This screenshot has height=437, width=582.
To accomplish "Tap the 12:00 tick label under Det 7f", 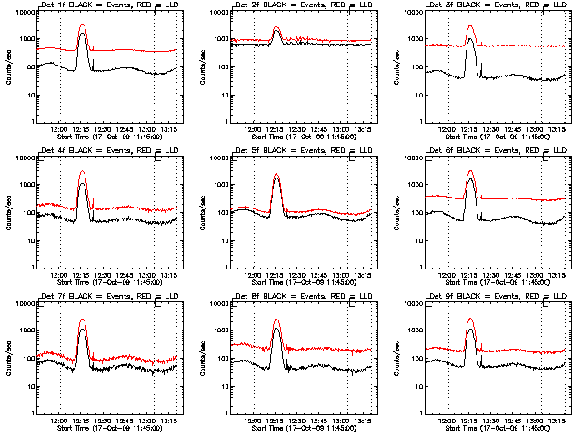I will pos(60,420).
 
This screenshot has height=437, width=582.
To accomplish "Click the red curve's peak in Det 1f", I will pos(82,25).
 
